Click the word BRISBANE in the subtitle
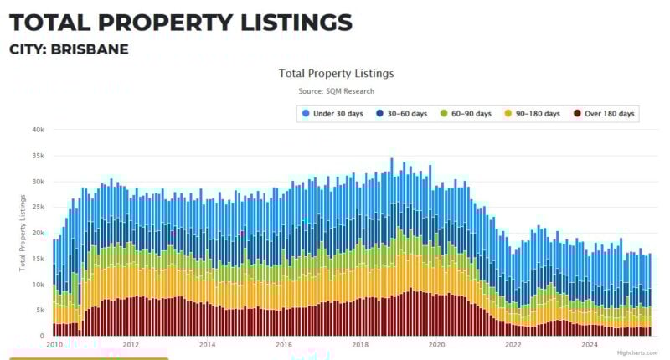coord(90,49)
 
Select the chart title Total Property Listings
coord(336,74)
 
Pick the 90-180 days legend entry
coord(533,113)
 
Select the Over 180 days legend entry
coord(604,113)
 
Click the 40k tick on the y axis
coord(38,130)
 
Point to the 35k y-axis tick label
coord(38,156)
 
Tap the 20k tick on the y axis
coord(38,234)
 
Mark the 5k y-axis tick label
coord(39,311)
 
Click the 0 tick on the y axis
coord(42,336)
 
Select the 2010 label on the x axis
coord(54,344)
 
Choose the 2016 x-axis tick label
coord(284,344)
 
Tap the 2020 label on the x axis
coord(436,344)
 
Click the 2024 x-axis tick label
coord(590,344)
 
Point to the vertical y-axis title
coord(23,233)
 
